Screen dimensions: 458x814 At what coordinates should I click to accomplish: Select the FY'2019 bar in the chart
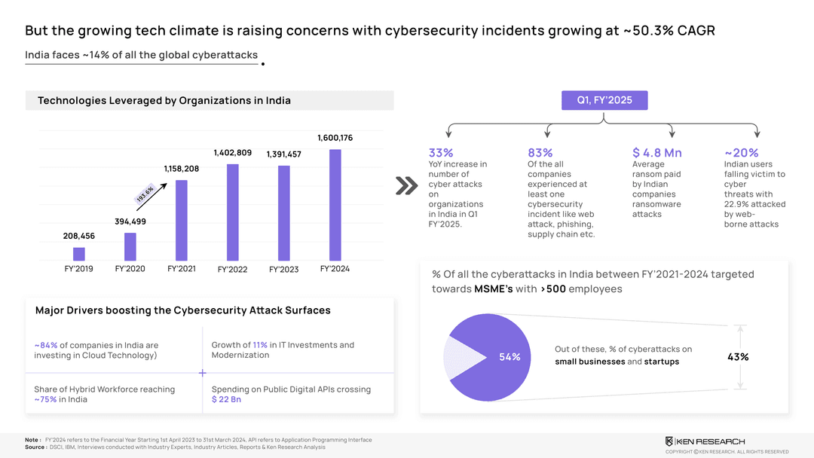pyautogui.click(x=79, y=254)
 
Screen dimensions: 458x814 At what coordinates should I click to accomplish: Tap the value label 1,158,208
pyautogui.click(x=182, y=169)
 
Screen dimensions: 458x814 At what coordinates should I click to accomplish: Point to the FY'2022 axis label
pyautogui.click(x=233, y=269)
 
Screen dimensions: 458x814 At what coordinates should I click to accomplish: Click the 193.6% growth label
pyautogui.click(x=145, y=194)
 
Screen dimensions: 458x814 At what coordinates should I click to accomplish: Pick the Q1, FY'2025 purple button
pyautogui.click(x=604, y=100)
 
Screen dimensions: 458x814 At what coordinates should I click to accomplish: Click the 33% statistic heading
pyautogui.click(x=441, y=153)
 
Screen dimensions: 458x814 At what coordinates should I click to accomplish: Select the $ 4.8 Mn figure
pyautogui.click(x=657, y=153)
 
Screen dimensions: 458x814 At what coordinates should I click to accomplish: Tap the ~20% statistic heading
pyautogui.click(x=742, y=153)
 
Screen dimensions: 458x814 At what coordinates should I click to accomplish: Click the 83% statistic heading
pyautogui.click(x=540, y=153)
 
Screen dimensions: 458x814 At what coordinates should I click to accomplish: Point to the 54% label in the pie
pyautogui.click(x=510, y=356)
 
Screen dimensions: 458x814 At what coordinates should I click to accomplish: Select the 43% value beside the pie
pyautogui.click(x=738, y=357)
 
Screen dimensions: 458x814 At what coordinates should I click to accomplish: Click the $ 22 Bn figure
pyautogui.click(x=226, y=399)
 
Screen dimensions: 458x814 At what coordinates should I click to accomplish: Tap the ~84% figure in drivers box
pyautogui.click(x=46, y=346)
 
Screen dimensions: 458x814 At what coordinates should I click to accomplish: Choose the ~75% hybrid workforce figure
pyautogui.click(x=45, y=399)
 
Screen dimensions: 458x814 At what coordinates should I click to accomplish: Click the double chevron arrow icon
pyautogui.click(x=406, y=186)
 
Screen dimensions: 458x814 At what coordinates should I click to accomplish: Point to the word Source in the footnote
pyautogui.click(x=35, y=447)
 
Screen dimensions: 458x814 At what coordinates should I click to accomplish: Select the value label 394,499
pyautogui.click(x=130, y=221)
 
